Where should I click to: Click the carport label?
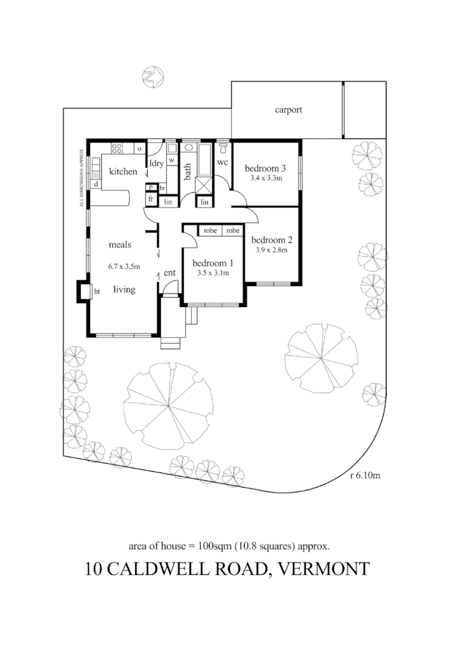288,110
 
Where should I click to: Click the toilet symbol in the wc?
223,148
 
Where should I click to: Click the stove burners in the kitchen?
118,148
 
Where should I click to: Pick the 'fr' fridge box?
150,199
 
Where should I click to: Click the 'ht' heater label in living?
96,291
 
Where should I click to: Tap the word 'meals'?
120,245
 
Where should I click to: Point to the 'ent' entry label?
169,272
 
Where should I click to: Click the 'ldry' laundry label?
156,163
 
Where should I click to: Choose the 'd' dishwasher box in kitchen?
96,185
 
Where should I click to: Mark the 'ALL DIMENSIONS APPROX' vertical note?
81,177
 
